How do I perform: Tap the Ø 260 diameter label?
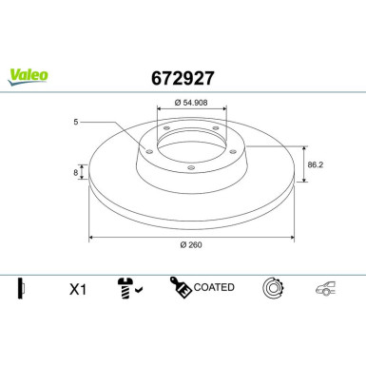tap(191, 244)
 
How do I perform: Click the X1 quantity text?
tap(77, 288)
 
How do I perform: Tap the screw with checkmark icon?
tap(127, 288)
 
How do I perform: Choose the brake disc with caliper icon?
tap(274, 288)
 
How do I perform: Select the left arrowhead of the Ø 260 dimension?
tap(91, 235)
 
